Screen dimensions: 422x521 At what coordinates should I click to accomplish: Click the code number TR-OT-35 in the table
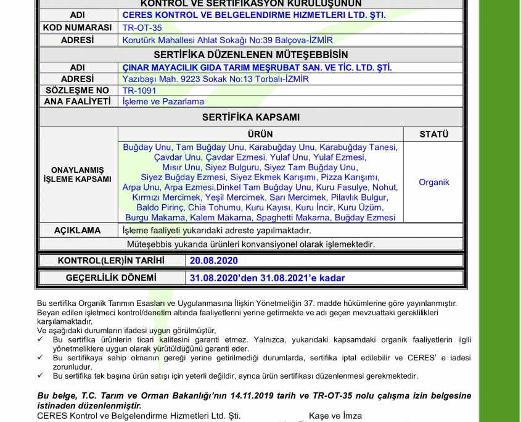(142, 28)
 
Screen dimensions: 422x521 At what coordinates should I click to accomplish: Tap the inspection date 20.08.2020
(213, 261)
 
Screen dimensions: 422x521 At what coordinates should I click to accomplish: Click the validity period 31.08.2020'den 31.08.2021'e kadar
(267, 278)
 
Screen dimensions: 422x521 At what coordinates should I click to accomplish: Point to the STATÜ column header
(434, 134)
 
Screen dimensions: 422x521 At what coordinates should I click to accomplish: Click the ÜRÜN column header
(260, 134)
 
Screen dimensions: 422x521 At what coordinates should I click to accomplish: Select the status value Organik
(434, 183)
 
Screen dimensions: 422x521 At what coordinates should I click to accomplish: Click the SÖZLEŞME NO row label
(77, 90)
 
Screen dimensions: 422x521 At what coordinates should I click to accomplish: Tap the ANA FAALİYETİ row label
(77, 102)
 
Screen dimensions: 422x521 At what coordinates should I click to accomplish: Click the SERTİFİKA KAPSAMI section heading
(251, 117)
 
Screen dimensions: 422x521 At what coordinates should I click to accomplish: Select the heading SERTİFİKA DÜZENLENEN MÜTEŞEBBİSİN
(251, 55)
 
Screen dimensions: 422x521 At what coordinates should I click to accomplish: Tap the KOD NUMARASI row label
(77, 28)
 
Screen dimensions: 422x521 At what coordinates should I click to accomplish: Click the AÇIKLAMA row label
(77, 230)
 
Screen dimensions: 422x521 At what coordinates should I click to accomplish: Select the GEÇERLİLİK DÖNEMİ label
(111, 278)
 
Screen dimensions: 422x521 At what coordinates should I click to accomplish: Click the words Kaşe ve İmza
(335, 416)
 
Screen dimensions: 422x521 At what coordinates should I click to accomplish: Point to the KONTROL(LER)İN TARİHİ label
(111, 261)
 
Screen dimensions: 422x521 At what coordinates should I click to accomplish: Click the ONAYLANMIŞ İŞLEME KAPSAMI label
(77, 175)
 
